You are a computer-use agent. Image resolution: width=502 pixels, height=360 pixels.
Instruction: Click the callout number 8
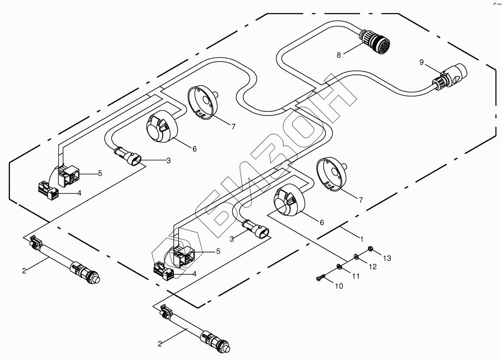[x=339, y=55]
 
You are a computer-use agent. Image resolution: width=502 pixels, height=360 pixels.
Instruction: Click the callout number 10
[x=339, y=286]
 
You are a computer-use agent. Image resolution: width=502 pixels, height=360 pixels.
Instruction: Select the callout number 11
[x=356, y=276]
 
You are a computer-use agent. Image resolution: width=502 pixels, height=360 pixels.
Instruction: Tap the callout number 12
[x=373, y=267]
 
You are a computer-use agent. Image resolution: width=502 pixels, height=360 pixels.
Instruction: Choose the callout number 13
[x=387, y=258]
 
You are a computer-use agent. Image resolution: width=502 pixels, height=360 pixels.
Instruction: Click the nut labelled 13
[x=370, y=249]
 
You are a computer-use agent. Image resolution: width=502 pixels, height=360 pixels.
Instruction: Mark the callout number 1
[x=361, y=239]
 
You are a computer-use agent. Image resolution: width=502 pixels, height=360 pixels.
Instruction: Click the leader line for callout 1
[x=349, y=234]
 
